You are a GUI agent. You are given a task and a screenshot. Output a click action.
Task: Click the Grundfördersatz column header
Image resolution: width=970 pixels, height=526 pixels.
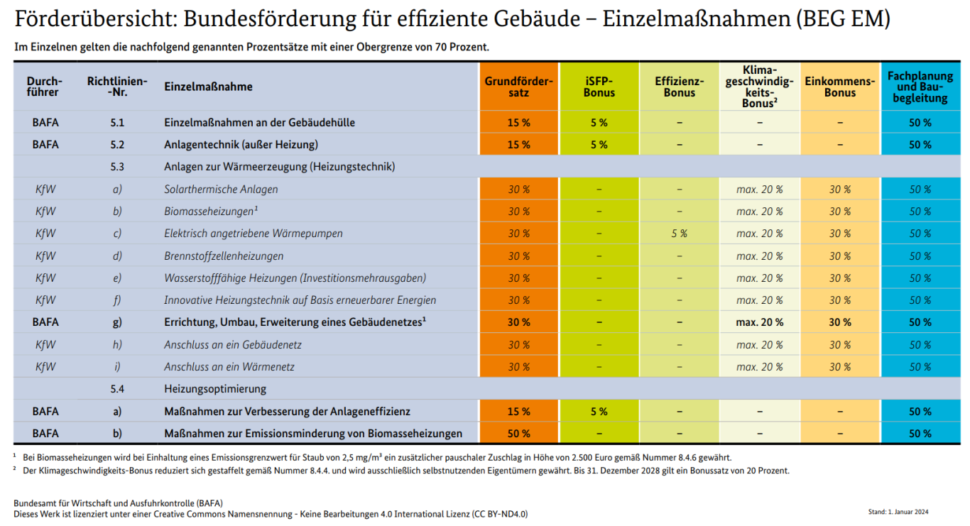[518, 87]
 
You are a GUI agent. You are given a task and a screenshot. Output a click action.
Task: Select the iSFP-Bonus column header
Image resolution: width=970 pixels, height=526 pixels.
[599, 87]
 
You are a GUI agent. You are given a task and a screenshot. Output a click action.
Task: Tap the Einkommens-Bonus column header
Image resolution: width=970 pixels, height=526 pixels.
[840, 87]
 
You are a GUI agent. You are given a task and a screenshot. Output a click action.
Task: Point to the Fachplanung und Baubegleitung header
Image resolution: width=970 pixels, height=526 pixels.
[920, 87]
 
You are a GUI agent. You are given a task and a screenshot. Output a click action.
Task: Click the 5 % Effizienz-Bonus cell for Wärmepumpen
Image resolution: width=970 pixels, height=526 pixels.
[679, 234]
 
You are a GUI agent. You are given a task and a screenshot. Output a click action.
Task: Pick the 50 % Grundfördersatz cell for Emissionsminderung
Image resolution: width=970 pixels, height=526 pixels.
[518, 434]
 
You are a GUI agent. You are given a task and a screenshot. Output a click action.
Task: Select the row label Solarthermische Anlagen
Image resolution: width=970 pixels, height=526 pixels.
[221, 190]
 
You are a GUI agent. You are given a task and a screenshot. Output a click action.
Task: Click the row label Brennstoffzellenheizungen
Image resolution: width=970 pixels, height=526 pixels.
[224, 256]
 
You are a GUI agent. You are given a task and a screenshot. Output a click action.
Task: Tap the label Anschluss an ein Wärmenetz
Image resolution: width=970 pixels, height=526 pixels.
[229, 367]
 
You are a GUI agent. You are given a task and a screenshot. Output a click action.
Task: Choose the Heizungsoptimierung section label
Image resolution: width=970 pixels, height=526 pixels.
[215, 389]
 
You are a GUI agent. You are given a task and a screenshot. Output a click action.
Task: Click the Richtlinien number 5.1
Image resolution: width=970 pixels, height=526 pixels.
[117, 123]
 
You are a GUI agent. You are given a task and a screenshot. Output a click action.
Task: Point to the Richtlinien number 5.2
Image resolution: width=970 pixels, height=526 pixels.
[117, 145]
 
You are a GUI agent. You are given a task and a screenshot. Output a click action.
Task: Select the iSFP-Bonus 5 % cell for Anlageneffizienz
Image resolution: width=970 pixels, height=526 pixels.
[599, 412]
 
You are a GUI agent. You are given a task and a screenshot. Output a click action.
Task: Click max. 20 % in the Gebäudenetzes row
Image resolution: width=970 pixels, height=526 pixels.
[759, 322]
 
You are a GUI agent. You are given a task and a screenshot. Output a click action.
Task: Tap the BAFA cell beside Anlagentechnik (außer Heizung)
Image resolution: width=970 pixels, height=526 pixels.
[45, 145]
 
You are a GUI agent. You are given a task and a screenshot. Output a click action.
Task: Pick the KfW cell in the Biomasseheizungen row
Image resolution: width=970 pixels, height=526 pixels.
[45, 212]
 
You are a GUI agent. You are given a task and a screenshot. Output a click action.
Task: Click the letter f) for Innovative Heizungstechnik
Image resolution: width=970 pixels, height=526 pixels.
[117, 300]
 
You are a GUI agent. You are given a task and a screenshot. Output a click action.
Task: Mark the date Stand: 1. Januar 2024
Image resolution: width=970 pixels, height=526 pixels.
[898, 512]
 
